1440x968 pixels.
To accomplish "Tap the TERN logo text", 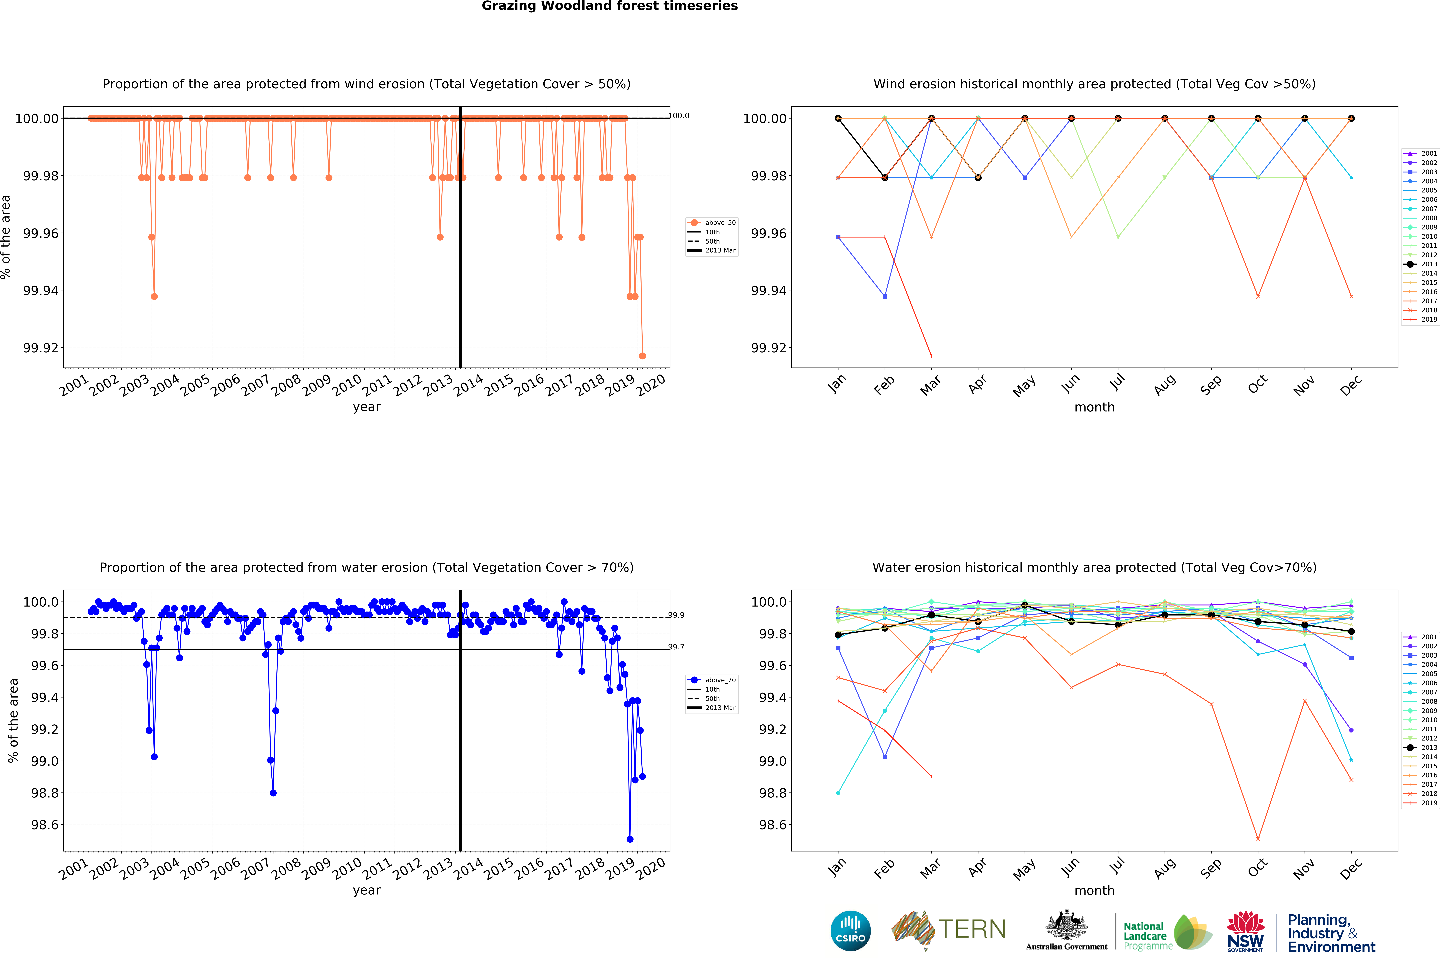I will coord(972,929).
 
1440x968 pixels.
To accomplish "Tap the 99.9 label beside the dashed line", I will coord(676,615).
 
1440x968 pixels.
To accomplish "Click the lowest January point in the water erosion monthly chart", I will coord(838,793).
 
